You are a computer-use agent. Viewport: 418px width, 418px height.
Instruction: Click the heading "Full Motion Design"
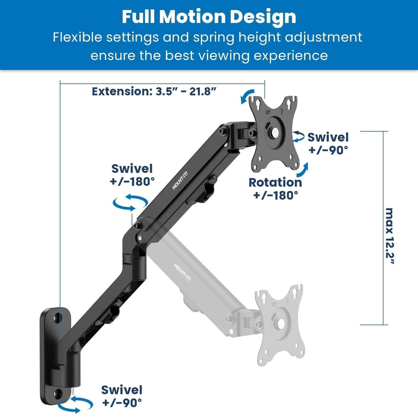coord(209,17)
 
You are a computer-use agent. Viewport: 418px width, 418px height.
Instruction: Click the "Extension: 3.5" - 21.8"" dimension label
coord(154,91)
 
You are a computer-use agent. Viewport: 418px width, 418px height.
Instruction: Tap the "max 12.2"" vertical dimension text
coord(389,236)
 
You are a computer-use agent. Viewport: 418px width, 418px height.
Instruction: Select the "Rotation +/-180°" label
coord(275,188)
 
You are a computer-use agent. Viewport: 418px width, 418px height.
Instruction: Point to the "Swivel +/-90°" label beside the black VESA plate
coord(328,143)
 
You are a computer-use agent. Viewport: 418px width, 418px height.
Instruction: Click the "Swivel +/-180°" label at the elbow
coord(132,175)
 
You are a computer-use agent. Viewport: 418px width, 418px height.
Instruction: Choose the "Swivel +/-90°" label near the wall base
coord(122,396)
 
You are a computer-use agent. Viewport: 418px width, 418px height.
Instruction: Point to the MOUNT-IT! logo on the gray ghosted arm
coord(182,272)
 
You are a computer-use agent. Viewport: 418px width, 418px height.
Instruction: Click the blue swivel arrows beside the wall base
coord(75,404)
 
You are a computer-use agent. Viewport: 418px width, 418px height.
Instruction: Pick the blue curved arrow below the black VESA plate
coord(303,170)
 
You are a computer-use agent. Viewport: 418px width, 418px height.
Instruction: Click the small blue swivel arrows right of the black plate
coord(298,136)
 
